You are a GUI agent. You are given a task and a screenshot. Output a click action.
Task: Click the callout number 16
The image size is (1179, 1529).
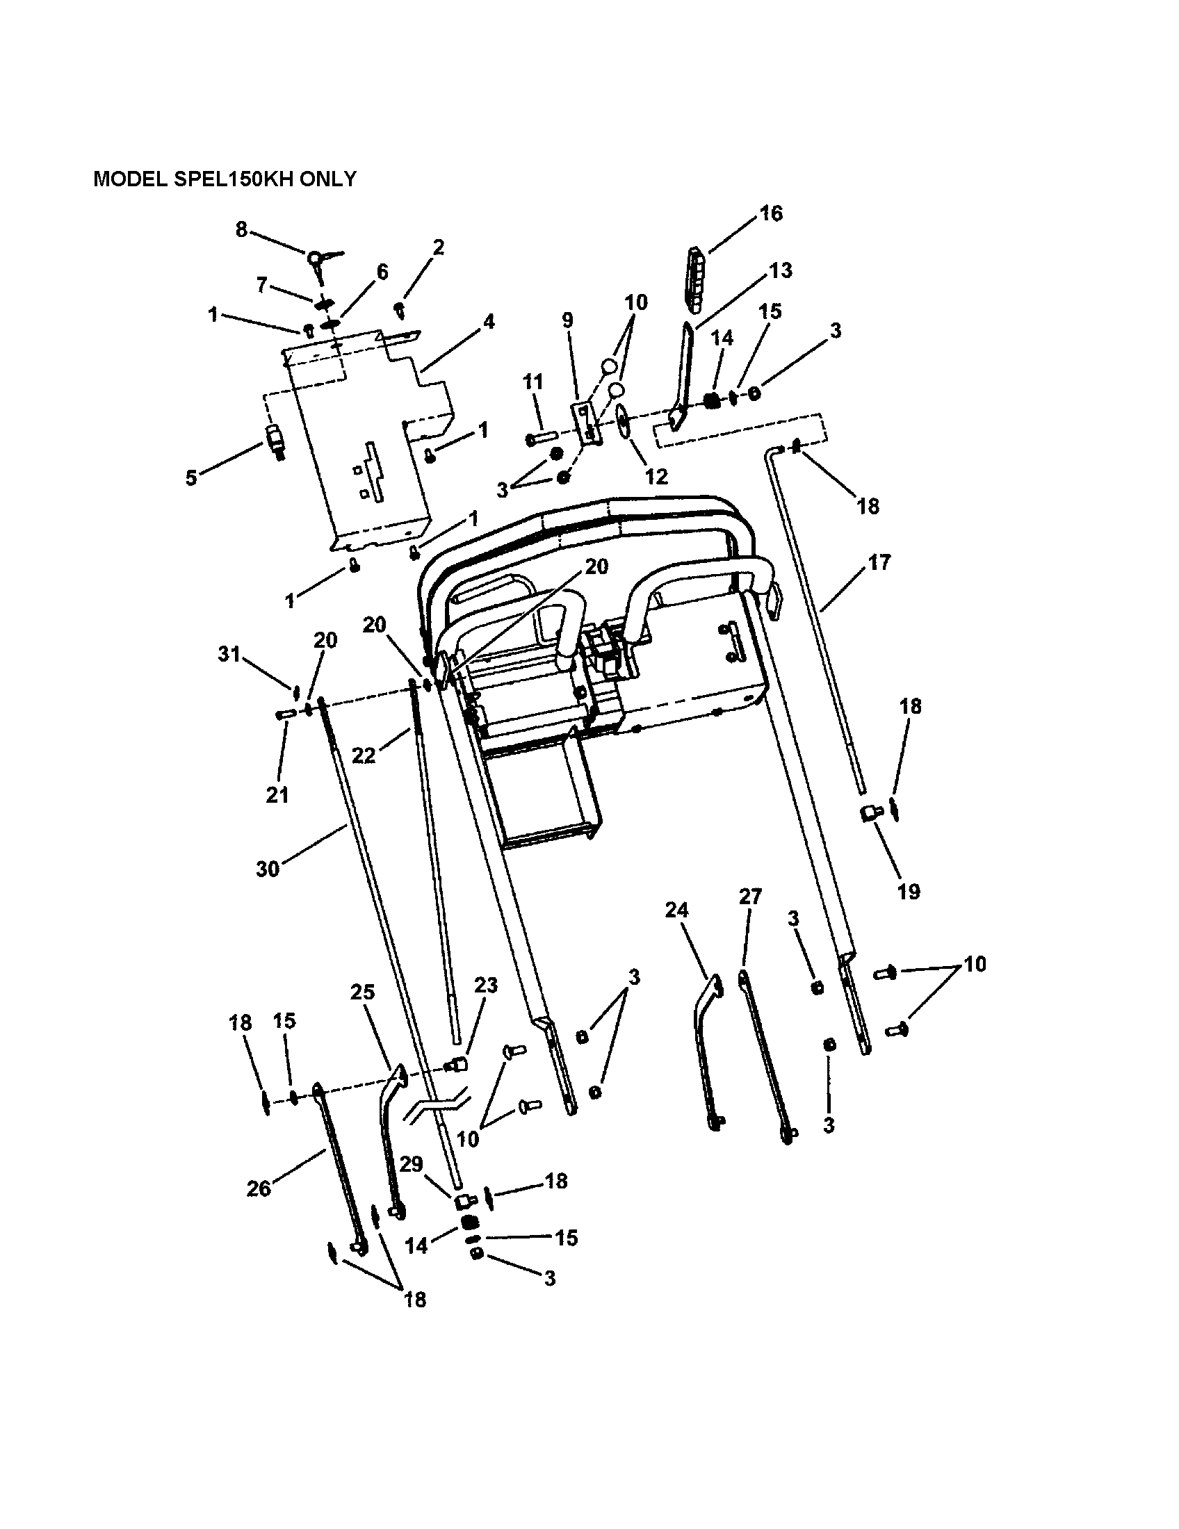771,213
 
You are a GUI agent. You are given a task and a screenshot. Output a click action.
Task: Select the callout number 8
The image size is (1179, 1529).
241,229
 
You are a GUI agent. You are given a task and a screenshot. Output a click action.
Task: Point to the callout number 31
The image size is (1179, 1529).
229,654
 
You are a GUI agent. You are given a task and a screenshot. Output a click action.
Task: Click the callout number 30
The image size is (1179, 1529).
268,869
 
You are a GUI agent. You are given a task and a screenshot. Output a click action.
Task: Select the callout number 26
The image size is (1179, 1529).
259,1188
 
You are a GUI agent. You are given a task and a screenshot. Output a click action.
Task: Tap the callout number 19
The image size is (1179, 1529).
909,891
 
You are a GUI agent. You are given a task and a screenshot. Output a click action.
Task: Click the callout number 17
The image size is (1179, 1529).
879,562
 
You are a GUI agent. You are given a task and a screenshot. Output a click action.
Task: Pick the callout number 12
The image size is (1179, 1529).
656,476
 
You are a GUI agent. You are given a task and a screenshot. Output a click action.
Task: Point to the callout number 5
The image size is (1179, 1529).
191,477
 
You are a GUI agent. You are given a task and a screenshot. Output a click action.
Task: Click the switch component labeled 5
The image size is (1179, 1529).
274,441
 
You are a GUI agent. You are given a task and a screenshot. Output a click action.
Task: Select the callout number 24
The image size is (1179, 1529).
676,910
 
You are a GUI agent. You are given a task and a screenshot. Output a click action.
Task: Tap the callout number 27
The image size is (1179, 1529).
750,896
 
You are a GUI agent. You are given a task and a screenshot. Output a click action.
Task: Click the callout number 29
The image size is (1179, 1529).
411,1164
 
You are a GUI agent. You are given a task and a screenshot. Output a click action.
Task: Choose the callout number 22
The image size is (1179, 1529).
364,755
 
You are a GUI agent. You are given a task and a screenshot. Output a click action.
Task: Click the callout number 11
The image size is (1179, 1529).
532,382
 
